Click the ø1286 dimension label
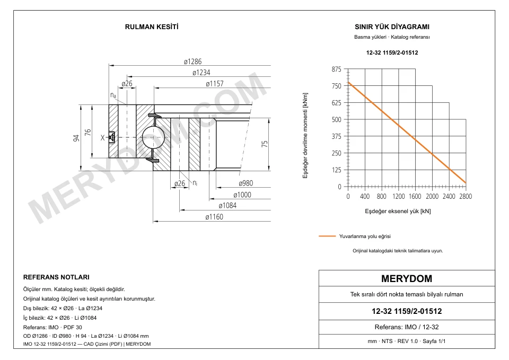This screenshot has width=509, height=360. [x=192, y=62]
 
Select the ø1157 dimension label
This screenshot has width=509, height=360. [x=215, y=84]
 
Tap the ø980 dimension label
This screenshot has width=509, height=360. [x=245, y=183]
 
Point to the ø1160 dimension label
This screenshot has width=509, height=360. [x=214, y=217]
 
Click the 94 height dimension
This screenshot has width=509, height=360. [x=76, y=138]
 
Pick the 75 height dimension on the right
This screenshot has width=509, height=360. [x=265, y=144]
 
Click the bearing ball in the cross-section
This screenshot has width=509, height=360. [x=153, y=137]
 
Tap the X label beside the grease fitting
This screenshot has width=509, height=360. [x=102, y=138]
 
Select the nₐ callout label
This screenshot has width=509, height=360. [x=113, y=95]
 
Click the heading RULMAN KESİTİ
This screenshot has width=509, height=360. [x=152, y=27]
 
